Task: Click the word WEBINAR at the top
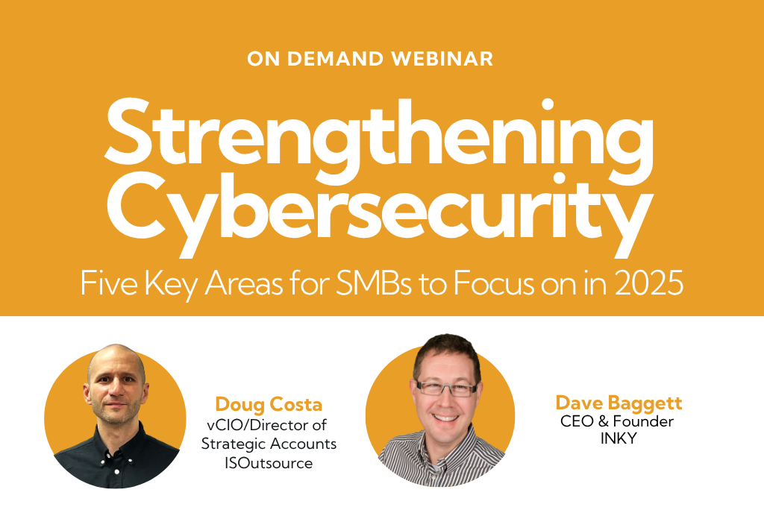[442, 59]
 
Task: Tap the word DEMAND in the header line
[335, 59]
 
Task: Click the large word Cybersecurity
[380, 214]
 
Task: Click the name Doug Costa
[269, 404]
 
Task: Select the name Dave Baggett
[619, 403]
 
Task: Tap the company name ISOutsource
[269, 463]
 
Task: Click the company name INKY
[619, 438]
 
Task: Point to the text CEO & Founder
[617, 421]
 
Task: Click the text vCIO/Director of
[267, 425]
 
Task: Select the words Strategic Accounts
[269, 444]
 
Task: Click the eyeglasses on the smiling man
[447, 388]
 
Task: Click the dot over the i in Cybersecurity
[560, 178]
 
